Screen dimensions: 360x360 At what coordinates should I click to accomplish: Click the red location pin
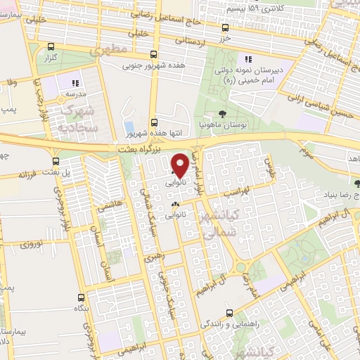(179, 165)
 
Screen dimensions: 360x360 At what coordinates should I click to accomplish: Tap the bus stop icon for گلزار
(50, 48)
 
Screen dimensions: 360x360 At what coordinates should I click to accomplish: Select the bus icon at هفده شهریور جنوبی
(154, 55)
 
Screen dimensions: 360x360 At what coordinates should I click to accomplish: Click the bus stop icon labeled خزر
(225, 28)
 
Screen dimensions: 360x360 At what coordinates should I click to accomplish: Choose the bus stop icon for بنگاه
(81, 297)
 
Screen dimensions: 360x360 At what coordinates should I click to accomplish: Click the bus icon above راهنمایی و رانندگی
(229, 314)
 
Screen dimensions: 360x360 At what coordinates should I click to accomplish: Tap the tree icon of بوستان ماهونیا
(223, 113)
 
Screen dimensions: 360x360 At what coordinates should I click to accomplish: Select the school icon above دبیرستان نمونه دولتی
(247, 59)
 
